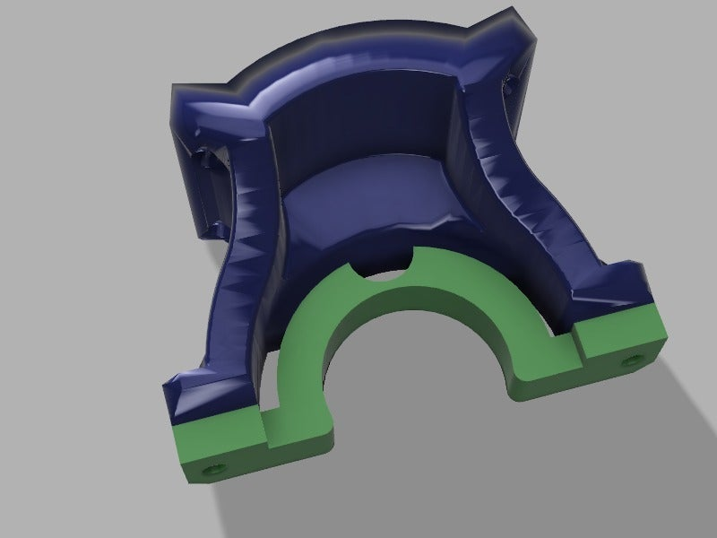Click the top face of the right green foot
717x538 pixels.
tap(618, 323)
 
